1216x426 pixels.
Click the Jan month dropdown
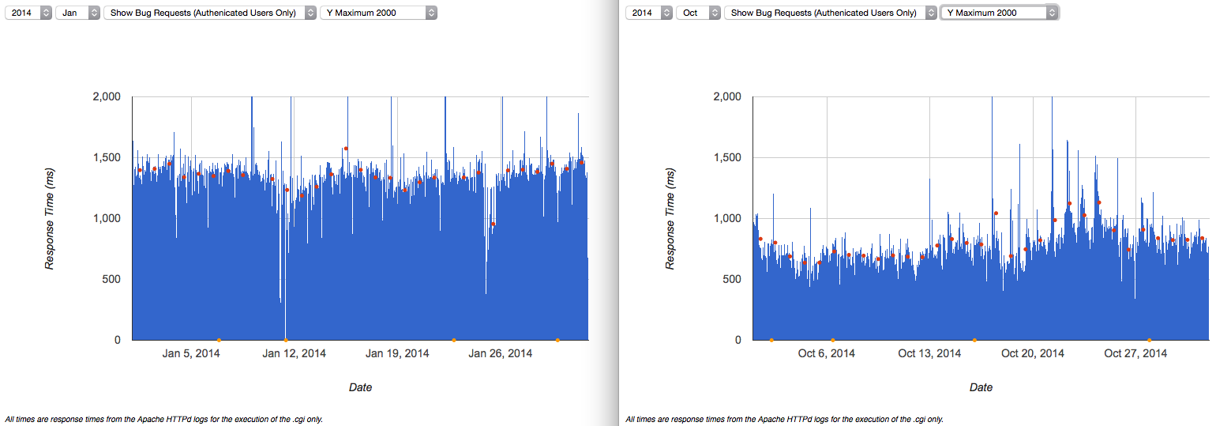pos(77,13)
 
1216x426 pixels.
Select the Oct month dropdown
pos(698,13)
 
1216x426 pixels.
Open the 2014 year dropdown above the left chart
pos(28,13)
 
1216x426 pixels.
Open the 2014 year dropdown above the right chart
pos(649,13)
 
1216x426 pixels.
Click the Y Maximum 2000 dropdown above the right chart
pos(1000,13)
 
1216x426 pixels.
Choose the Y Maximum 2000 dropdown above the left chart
pos(378,13)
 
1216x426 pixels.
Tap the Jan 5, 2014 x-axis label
pos(191,353)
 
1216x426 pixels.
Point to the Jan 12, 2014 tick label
pos(294,353)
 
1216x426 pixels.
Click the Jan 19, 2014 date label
pos(397,353)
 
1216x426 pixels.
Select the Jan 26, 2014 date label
pos(500,353)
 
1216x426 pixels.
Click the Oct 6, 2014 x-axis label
pos(827,353)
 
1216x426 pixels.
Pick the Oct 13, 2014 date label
pos(929,353)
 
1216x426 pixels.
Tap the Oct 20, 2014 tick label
pos(1033,353)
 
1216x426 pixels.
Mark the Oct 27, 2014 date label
pos(1135,353)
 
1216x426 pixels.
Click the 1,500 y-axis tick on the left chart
pos(107,157)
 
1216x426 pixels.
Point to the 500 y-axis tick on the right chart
pos(731,279)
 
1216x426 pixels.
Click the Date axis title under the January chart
pos(360,387)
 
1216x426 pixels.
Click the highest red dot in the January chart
pos(346,149)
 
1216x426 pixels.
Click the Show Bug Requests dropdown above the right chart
pos(831,13)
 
